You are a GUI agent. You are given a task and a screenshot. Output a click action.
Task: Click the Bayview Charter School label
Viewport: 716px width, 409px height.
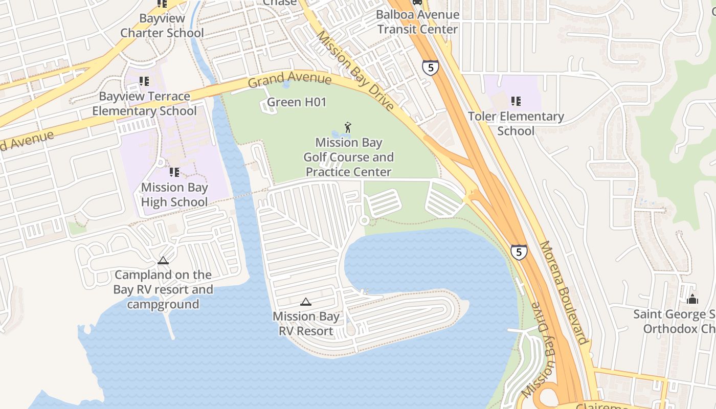(x=162, y=26)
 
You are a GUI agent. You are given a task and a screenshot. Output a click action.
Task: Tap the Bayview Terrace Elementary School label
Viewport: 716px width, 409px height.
(x=144, y=104)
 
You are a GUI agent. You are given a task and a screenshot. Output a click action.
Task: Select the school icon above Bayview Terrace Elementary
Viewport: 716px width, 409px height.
(x=144, y=81)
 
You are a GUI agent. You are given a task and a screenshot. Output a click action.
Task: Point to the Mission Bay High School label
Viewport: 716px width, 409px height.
(x=174, y=195)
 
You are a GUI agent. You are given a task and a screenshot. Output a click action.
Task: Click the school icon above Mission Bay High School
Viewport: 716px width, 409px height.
(x=174, y=172)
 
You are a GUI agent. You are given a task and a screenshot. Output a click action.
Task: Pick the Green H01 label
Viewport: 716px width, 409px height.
(x=297, y=102)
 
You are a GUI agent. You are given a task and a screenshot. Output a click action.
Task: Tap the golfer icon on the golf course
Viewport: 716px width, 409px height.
(x=348, y=127)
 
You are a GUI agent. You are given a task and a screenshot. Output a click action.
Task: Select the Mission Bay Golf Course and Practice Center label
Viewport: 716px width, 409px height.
(x=349, y=157)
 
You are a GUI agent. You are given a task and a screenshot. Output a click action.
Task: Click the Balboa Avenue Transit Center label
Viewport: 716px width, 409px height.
(x=418, y=22)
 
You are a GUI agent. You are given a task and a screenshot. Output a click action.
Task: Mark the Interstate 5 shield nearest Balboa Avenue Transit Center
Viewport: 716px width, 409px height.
(x=430, y=67)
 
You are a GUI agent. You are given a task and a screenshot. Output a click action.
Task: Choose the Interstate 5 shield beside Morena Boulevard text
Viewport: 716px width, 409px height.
(x=519, y=252)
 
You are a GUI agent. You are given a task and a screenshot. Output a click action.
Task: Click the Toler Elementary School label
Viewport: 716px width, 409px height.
(x=516, y=124)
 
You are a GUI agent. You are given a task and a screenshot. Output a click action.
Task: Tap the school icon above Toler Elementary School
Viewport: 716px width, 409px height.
(x=516, y=101)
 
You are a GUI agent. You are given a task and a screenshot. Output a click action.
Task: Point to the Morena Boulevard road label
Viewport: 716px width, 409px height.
(x=563, y=293)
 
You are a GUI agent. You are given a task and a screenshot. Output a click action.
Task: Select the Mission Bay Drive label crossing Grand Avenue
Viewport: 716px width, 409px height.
(x=355, y=71)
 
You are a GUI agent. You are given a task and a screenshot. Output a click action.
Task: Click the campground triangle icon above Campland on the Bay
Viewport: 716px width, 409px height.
(x=163, y=261)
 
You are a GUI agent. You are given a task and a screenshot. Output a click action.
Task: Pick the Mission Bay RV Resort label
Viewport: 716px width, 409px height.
(x=306, y=324)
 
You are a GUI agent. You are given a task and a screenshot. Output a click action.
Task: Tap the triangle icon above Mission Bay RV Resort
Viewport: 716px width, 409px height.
(x=306, y=302)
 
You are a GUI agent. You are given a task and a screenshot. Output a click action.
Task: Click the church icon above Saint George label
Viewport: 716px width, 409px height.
(x=692, y=299)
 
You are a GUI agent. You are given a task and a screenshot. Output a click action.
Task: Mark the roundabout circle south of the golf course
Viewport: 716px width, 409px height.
(x=364, y=220)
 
